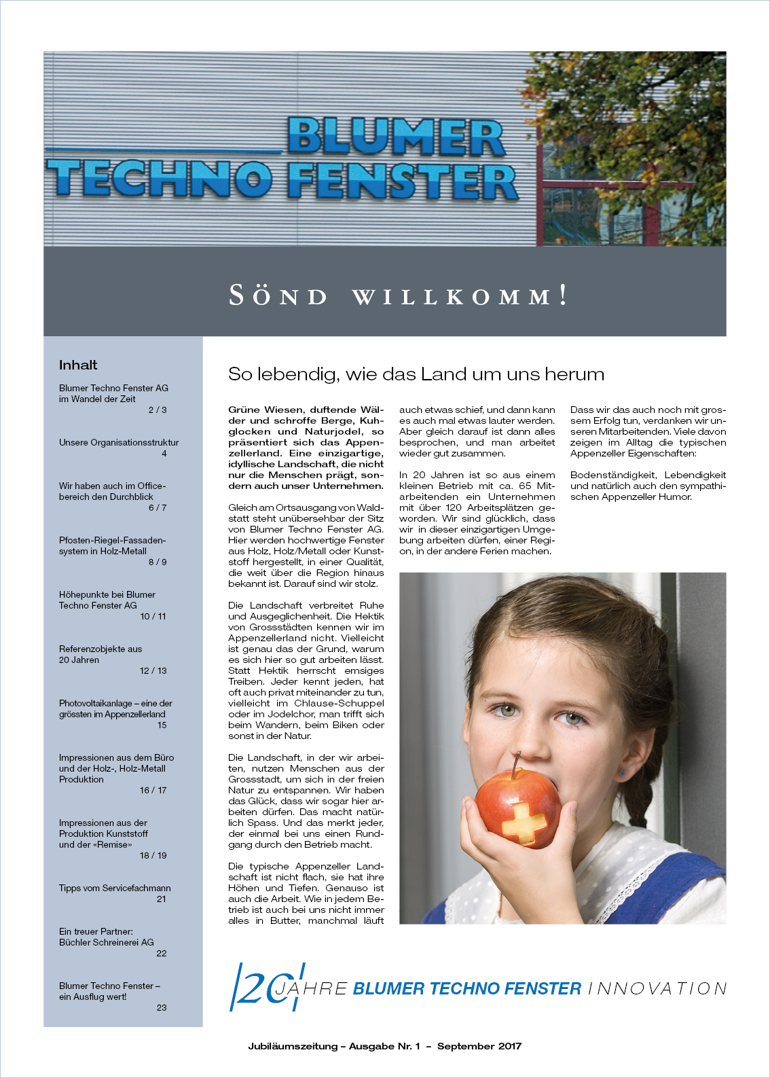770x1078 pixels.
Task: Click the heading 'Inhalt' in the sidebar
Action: [x=78, y=365]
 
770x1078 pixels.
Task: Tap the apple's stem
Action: [x=517, y=764]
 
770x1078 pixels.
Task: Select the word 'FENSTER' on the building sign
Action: [x=402, y=181]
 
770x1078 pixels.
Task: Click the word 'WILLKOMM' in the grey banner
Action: [x=452, y=297]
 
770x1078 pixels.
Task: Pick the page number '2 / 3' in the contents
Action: [x=158, y=410]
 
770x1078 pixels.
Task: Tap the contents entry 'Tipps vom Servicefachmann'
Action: [x=115, y=888]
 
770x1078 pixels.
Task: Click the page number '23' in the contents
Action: [x=162, y=1007]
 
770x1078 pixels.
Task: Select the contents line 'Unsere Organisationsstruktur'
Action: [x=119, y=442]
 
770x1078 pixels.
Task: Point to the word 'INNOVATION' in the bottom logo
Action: [x=657, y=988]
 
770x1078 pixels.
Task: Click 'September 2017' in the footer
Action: [x=479, y=1046]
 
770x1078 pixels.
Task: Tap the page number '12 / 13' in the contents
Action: [x=153, y=670]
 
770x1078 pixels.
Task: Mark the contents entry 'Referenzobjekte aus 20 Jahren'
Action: [x=100, y=654]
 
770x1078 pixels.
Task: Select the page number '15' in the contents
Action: [x=162, y=725]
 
